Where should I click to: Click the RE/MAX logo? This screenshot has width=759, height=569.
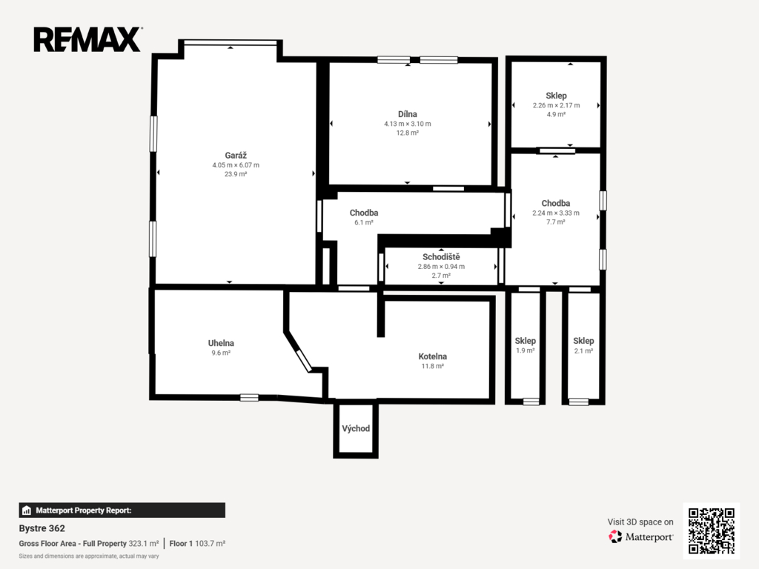click(87, 39)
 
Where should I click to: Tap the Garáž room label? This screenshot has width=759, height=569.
click(236, 156)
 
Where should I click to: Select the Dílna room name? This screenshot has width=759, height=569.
click(408, 114)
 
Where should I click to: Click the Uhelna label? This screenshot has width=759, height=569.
click(221, 343)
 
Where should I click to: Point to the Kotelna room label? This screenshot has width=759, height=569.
click(433, 356)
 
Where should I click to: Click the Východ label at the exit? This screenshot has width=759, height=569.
click(356, 428)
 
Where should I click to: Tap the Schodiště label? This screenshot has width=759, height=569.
click(441, 257)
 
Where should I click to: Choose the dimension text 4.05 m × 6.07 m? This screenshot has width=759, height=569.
click(236, 165)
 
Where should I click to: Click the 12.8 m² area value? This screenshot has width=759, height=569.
click(408, 133)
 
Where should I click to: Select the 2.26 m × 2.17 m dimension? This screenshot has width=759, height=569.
click(556, 105)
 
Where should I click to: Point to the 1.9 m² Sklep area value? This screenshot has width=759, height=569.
click(526, 350)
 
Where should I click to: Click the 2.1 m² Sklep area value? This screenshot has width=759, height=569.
click(584, 350)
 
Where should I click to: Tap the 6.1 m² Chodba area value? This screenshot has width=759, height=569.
click(364, 222)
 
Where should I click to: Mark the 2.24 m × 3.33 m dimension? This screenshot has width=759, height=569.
click(556, 213)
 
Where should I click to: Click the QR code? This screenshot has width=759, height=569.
click(711, 530)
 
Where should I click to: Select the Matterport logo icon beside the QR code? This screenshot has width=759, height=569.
click(615, 536)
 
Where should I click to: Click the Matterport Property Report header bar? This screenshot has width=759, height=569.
click(122, 510)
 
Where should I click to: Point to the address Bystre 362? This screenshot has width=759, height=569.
click(42, 528)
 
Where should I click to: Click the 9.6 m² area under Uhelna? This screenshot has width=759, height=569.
click(221, 353)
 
